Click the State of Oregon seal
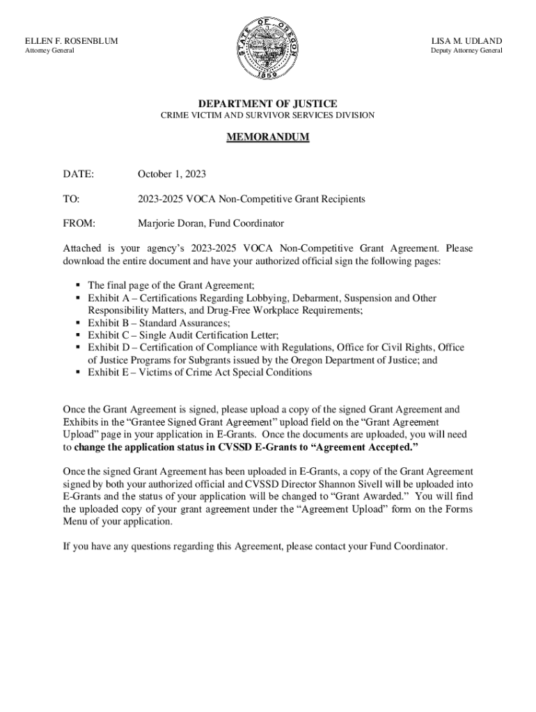click(268, 48)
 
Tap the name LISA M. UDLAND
click(466, 41)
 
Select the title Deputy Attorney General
click(466, 51)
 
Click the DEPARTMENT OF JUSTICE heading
click(268, 104)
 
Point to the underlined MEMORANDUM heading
click(268, 138)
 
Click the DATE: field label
click(78, 173)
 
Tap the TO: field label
click(71, 199)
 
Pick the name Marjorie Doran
click(171, 224)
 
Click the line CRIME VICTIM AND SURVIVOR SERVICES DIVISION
click(268, 115)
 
